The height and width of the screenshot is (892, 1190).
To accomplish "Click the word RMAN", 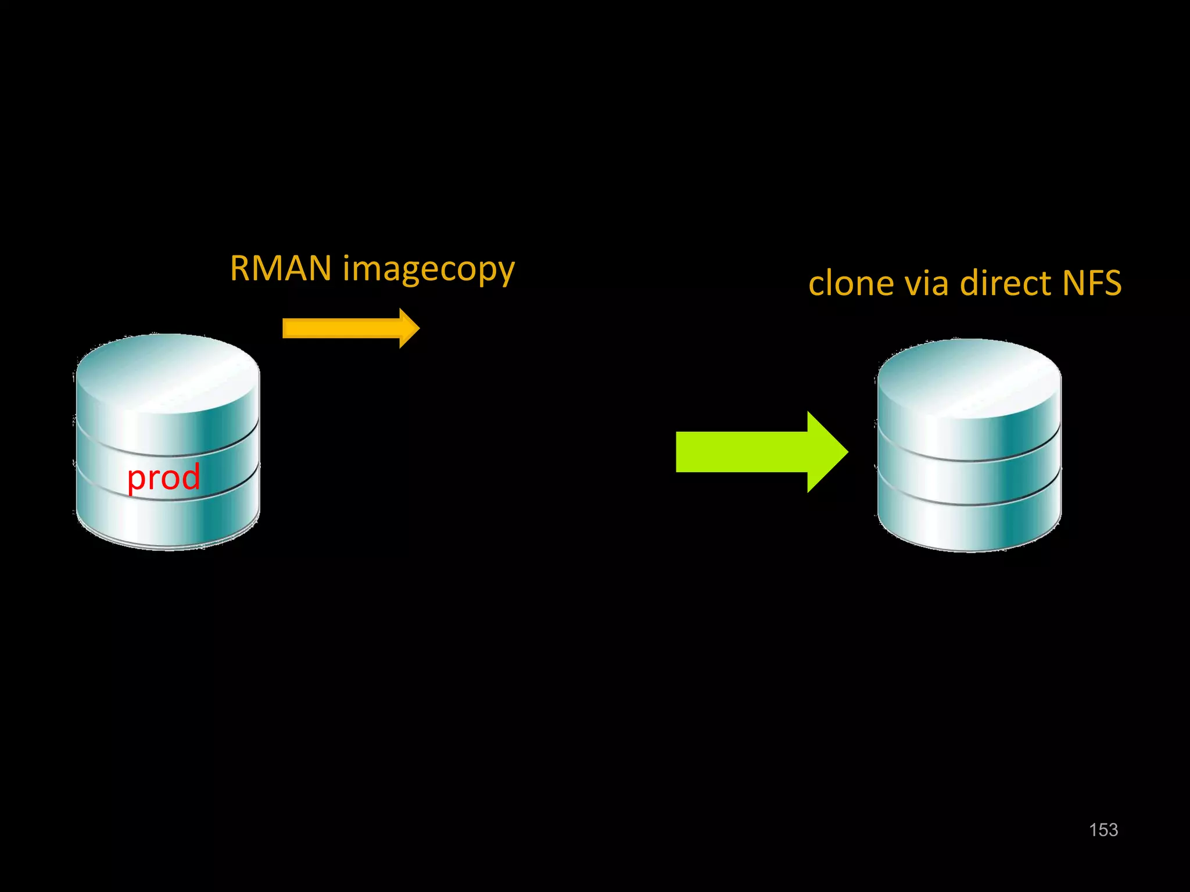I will tap(281, 268).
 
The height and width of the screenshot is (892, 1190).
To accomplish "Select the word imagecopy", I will tap(428, 271).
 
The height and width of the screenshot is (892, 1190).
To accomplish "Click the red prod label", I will tap(164, 477).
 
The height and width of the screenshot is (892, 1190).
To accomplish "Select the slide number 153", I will tap(1103, 830).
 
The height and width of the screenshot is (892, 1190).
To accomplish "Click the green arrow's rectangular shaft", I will tap(741, 452).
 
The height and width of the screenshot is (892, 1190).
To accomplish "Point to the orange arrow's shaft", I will tap(340, 328).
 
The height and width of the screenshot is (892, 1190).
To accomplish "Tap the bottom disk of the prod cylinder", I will tap(167, 520).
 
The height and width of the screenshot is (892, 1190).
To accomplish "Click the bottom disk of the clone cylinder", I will tap(969, 526).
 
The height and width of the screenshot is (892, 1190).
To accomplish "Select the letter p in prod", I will tap(135, 480).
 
